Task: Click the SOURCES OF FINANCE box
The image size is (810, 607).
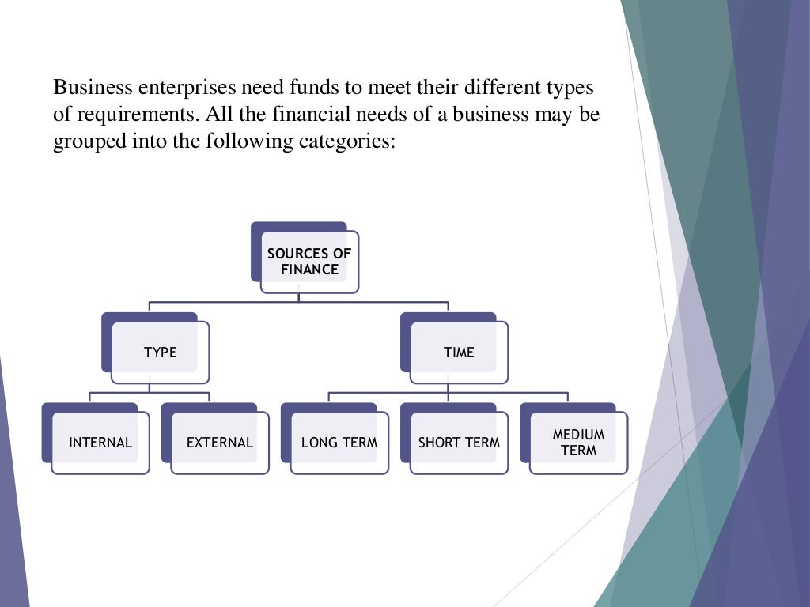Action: [x=308, y=262]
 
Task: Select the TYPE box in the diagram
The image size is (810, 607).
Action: [x=160, y=353]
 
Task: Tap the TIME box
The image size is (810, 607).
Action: [x=459, y=353]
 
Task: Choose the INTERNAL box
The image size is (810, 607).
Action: [x=100, y=443]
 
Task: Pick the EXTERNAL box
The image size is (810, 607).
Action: [x=220, y=443]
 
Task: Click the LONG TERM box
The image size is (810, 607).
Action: [x=339, y=443]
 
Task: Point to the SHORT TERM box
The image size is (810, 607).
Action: [x=459, y=443]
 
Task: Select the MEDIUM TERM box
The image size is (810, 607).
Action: [x=578, y=443]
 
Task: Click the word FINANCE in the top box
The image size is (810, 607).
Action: [x=309, y=270]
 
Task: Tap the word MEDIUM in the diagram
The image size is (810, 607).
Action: [x=578, y=435]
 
